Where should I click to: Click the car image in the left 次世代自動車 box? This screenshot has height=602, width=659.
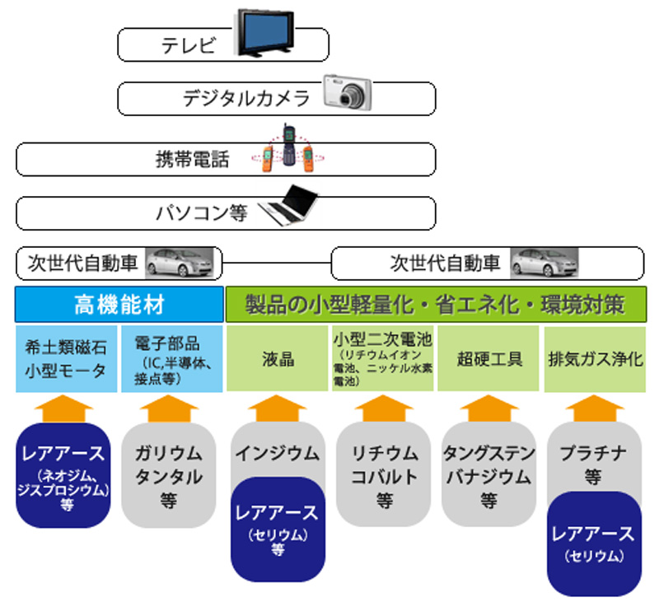pyautogui.click(x=180, y=263)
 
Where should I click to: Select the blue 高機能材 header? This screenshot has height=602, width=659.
pyautogui.click(x=119, y=305)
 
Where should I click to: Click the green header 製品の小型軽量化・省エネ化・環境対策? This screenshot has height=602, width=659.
pyautogui.click(x=435, y=305)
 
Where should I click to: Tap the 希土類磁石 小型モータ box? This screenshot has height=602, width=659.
pyautogui.click(x=65, y=359)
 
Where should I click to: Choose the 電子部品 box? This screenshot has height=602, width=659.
pyautogui.click(x=172, y=359)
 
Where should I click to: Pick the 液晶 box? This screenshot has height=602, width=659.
pyautogui.click(x=275, y=359)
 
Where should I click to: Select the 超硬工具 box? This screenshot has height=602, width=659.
pyautogui.click(x=489, y=359)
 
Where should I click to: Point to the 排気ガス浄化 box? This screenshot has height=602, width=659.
pyautogui.click(x=595, y=359)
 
